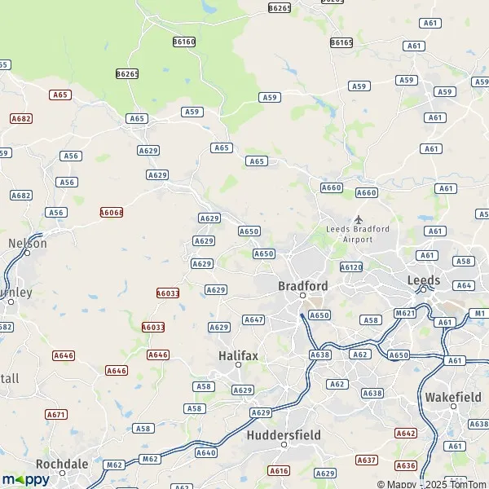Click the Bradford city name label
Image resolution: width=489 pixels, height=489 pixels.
[302, 286]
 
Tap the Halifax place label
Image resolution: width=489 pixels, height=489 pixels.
[239, 355]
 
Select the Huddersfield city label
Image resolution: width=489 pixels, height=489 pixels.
[284, 434]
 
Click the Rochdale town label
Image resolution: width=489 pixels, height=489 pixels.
[62, 463]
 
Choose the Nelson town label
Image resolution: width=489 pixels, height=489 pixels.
[27, 243]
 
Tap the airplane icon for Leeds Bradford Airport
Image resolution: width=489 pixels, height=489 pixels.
[358, 219]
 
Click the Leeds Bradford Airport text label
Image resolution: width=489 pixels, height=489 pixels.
[358, 234]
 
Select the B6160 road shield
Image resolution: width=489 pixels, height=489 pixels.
[184, 41]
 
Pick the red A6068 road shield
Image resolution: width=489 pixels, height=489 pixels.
[112, 212]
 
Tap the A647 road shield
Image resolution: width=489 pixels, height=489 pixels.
[253, 319]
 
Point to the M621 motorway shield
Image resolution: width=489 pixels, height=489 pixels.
[405, 313]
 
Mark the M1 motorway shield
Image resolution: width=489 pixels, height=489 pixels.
[479, 313]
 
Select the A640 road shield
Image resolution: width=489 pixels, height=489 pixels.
[206, 452]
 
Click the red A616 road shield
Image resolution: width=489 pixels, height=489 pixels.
[280, 471]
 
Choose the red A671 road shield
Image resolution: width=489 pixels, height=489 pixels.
[56, 414]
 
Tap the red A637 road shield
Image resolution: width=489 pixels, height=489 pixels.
[367, 460]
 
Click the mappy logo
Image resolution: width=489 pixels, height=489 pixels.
[26, 479]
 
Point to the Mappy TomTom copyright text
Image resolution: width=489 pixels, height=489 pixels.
[443, 482]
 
